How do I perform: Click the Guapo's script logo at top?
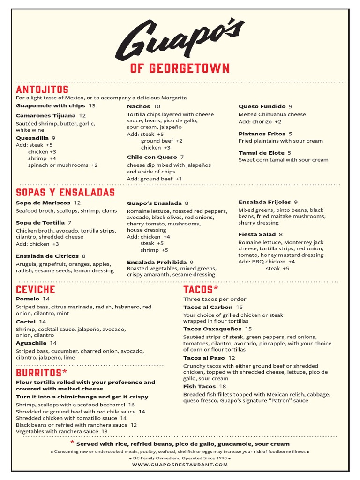[180, 39]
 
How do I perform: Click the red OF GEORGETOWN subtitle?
[180, 68]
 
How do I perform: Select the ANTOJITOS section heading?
[42, 90]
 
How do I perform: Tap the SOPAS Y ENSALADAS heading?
[65, 193]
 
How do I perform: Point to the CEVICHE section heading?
[36, 289]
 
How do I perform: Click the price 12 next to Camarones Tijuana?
[82, 115]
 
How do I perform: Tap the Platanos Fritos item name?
[262, 134]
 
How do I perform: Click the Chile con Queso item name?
[152, 157]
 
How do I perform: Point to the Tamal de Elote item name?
[261, 153]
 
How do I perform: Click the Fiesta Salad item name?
[257, 234]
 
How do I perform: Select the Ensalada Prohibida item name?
[157, 262]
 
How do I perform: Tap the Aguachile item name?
[31, 343]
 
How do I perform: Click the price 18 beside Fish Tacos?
[223, 386]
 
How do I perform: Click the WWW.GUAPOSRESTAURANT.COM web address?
[180, 465]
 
